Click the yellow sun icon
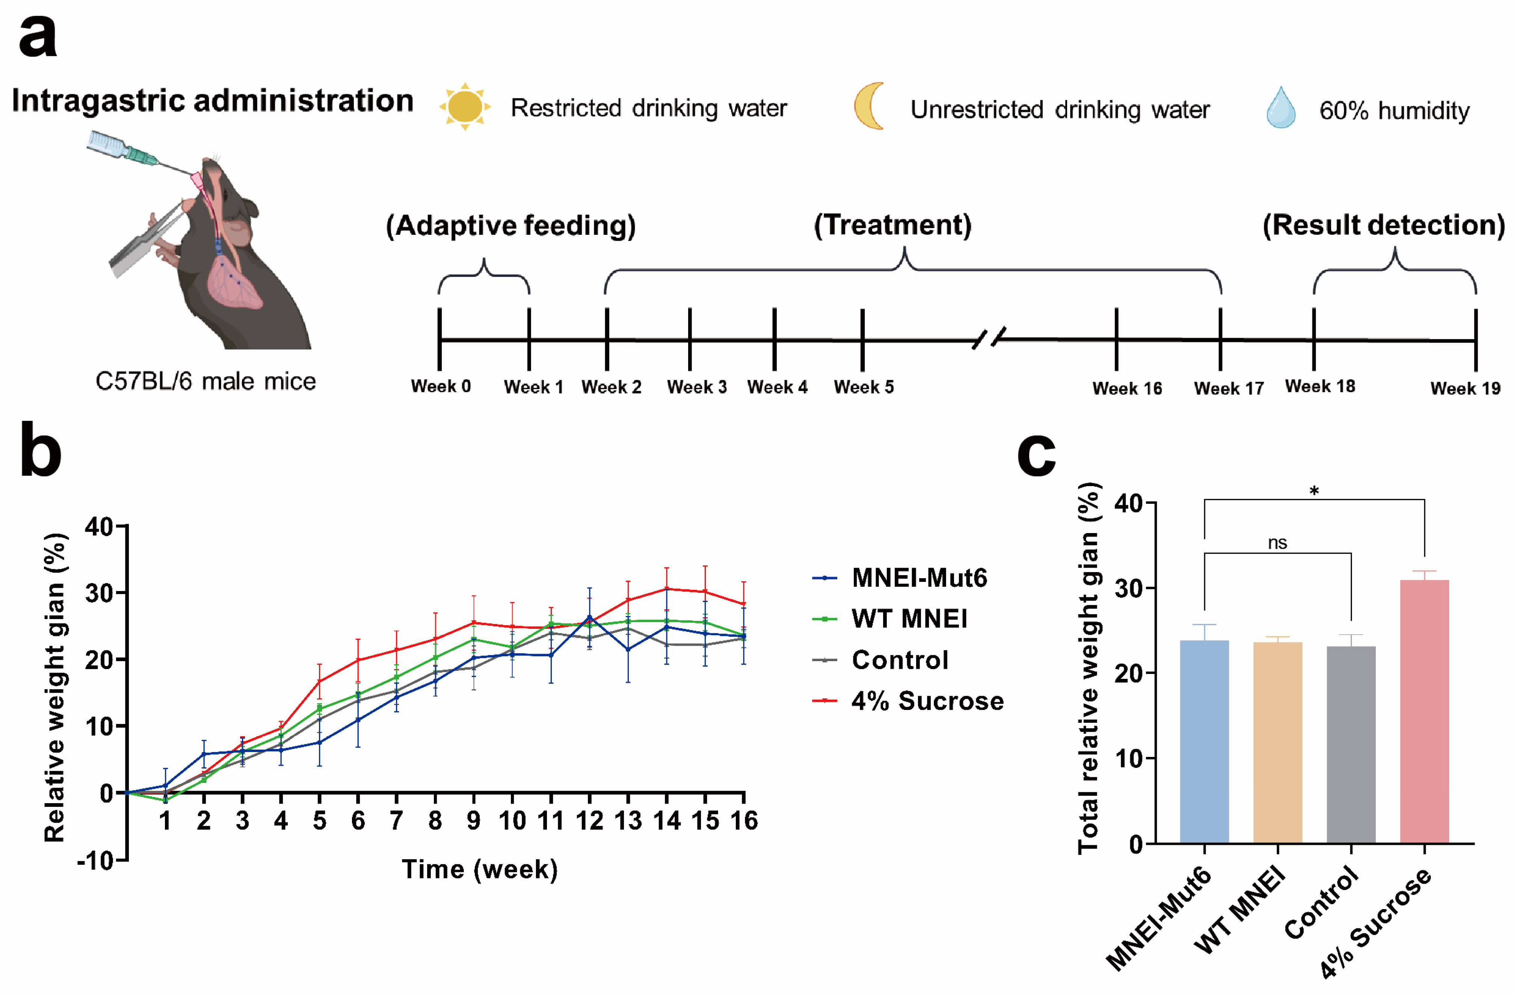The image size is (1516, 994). [465, 106]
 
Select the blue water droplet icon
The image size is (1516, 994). [1280, 108]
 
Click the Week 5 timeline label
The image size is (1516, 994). [864, 387]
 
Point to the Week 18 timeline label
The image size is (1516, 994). [1320, 386]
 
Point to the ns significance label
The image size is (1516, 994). [1277, 543]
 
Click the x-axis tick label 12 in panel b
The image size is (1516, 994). [589, 821]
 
